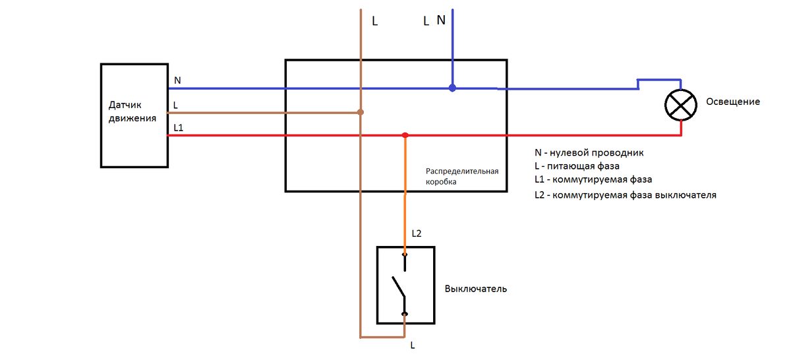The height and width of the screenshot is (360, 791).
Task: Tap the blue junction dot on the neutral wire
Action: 452,88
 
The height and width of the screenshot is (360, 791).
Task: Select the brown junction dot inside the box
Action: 360,112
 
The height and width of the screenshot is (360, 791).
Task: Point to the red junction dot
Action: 405,135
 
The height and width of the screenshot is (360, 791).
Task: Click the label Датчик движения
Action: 132,111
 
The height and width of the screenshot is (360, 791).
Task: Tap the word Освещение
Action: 733,102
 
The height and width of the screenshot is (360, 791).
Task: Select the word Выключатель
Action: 476,289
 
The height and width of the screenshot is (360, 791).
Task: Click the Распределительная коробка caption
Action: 462,176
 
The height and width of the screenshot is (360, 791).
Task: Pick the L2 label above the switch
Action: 417,233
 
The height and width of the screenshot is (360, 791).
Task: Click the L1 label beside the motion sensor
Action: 179,128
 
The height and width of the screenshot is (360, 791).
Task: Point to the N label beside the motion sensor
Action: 177,80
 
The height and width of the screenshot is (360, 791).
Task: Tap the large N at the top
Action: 441,20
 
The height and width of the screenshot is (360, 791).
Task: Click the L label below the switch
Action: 413,345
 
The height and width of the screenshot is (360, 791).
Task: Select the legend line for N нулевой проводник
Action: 589,152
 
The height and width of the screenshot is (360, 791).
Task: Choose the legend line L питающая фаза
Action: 577,166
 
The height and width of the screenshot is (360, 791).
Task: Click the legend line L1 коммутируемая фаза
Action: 593,179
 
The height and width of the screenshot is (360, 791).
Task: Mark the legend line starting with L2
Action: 626,195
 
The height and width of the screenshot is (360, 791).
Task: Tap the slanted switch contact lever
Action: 398,287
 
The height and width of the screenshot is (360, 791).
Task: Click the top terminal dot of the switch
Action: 405,255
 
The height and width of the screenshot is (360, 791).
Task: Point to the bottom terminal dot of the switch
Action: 405,314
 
